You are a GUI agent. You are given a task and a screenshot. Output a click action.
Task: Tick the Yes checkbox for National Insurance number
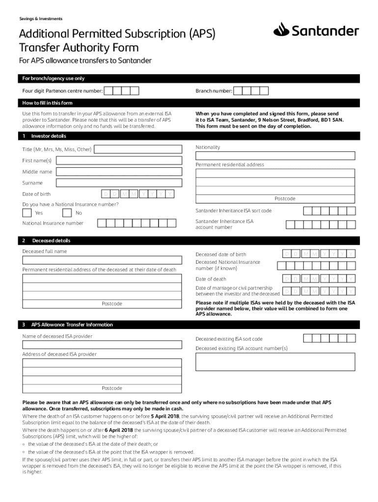(27, 213)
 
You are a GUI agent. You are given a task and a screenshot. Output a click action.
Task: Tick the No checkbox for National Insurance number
(67, 213)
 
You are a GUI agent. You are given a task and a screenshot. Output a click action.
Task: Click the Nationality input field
(275, 156)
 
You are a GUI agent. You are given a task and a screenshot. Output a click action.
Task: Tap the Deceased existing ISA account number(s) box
(275, 362)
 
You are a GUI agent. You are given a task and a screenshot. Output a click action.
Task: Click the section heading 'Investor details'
(49, 136)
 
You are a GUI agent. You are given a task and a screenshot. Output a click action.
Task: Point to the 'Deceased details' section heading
(51, 241)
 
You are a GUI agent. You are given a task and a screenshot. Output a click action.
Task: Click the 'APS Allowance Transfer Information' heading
(72, 325)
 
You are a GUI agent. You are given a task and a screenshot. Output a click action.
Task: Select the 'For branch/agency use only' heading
(53, 78)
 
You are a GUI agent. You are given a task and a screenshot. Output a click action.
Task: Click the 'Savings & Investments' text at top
(41, 19)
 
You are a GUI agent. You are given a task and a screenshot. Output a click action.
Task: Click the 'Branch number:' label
(214, 91)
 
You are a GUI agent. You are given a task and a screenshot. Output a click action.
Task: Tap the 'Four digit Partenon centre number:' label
(62, 91)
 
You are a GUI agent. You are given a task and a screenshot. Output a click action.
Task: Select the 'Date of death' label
(211, 279)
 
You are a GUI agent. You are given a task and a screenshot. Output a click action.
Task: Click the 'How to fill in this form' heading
(47, 103)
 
